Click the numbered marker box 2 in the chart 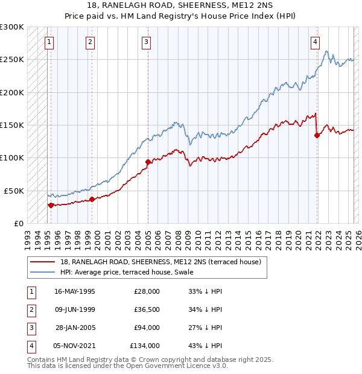pos(90,42)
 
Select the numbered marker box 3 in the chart pos(147,42)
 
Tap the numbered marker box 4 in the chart pos(315,42)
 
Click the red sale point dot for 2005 pos(148,162)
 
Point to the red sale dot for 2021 pos(317,135)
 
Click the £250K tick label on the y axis pos(12,60)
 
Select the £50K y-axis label pos(14,191)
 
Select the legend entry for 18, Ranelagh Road pos(160,262)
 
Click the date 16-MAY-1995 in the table pos(75,291)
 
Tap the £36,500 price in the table pos(147,309)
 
